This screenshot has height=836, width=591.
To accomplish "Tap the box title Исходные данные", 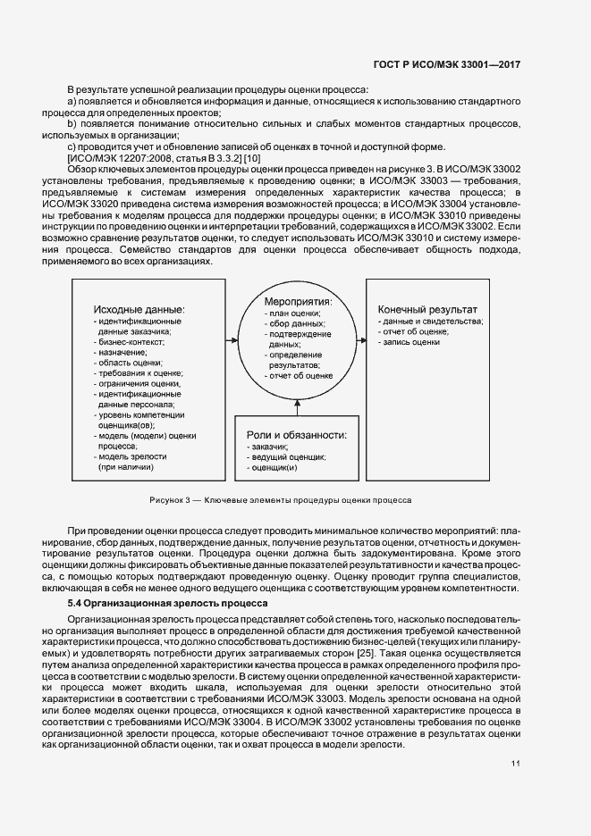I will tap(139, 309).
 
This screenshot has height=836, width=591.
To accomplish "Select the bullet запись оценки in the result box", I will tap(410, 341).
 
